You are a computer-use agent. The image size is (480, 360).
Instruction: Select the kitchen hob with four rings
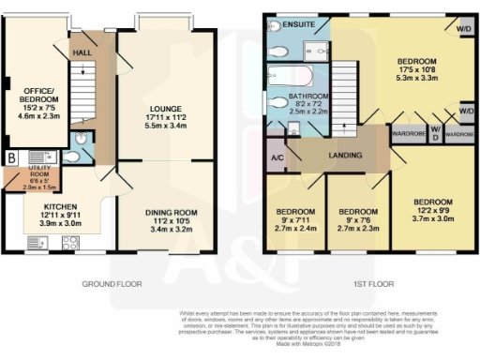point(68,243)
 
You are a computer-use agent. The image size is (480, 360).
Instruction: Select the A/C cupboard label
point(277,157)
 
